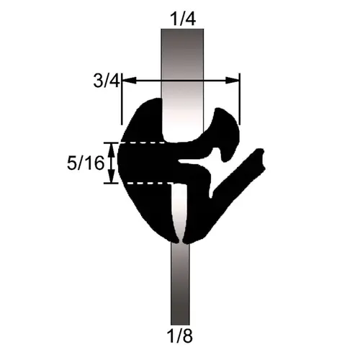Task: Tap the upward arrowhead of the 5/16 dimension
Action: pyautogui.click(x=111, y=146)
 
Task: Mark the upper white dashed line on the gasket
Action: pyautogui.click(x=144, y=143)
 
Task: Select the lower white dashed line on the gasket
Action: pyautogui.click(x=144, y=183)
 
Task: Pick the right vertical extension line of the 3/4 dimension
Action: pyautogui.click(x=239, y=101)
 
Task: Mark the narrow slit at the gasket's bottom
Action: pyautogui.click(x=181, y=234)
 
